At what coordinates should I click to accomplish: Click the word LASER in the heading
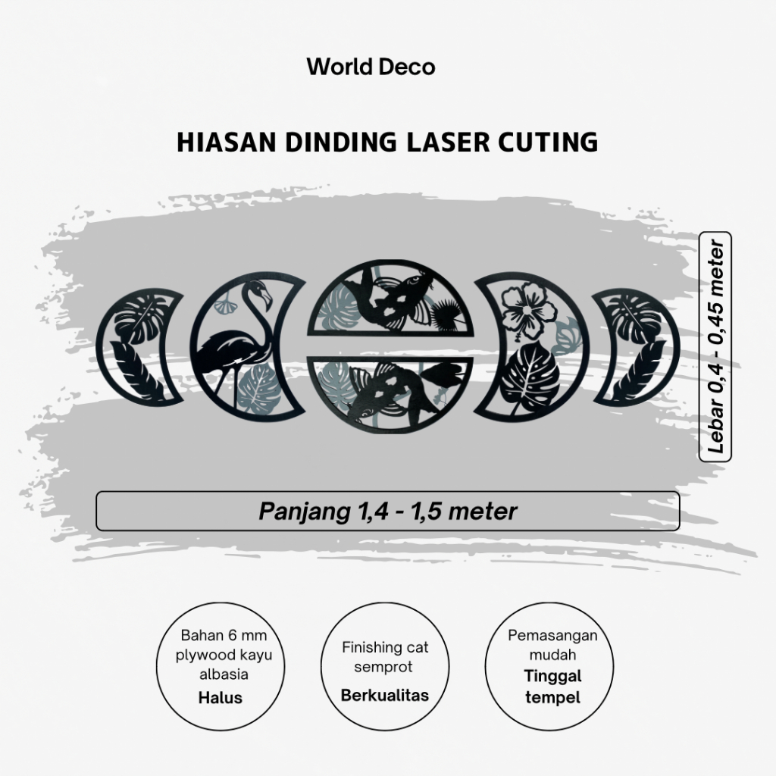pyautogui.click(x=450, y=142)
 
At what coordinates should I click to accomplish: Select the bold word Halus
pyautogui.click(x=221, y=697)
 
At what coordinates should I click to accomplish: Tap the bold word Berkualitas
pyautogui.click(x=384, y=695)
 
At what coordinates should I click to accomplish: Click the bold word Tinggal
pyautogui.click(x=552, y=677)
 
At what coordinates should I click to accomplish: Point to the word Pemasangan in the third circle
pyautogui.click(x=552, y=635)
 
